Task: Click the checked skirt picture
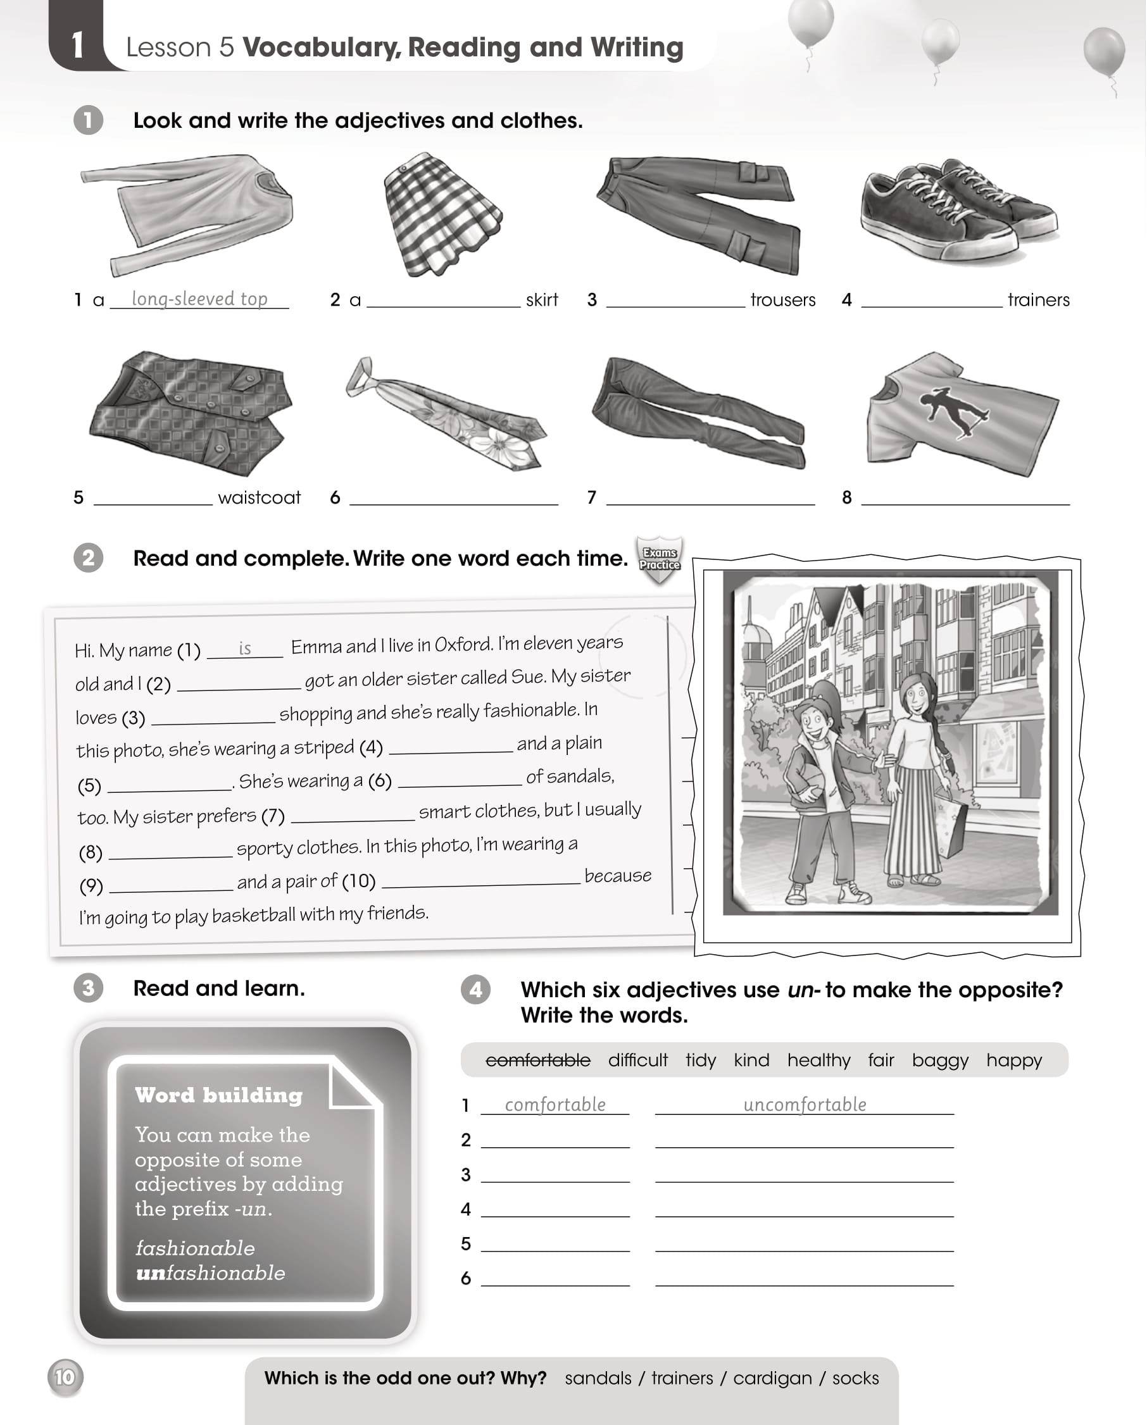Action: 441,215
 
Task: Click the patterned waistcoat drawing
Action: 192,413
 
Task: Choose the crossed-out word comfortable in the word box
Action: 537,1060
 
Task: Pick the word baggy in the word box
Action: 939,1060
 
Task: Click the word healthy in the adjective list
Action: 818,1060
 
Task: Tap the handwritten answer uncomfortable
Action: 805,1104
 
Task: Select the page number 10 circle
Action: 65,1378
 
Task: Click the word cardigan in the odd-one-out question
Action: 772,1378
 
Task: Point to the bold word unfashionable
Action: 210,1273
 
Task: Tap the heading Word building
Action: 219,1095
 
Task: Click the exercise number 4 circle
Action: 475,990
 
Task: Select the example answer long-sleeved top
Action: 199,299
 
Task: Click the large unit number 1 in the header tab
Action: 77,45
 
